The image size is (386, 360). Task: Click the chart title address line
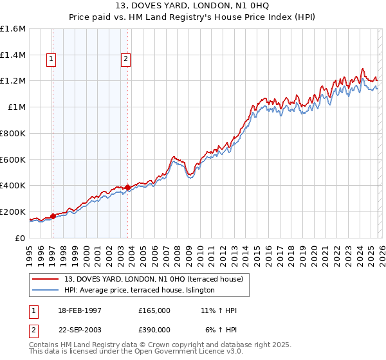(193, 6)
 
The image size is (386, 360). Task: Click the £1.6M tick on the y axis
(14, 29)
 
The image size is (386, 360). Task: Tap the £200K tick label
(14, 212)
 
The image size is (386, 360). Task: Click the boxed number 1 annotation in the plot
(51, 59)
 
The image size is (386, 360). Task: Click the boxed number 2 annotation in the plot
(125, 59)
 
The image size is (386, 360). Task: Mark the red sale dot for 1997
(53, 216)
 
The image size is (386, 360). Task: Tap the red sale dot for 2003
(127, 187)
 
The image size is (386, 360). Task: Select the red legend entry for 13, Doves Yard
(153, 279)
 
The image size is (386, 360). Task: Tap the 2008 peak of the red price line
(173, 156)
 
